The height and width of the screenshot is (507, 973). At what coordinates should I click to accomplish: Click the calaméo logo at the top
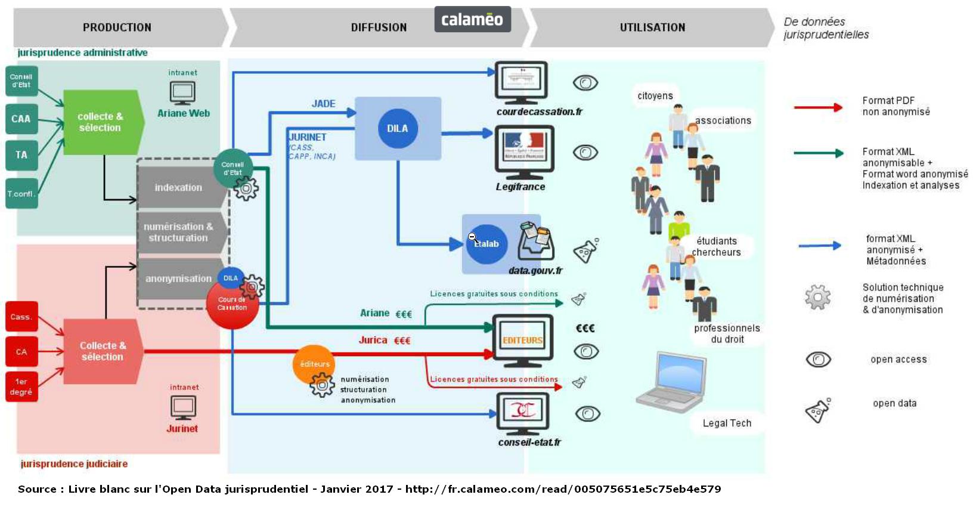pos(472,20)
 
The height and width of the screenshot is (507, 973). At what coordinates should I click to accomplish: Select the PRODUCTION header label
pos(117,27)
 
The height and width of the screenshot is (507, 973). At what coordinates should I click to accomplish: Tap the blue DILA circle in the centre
pos(398,128)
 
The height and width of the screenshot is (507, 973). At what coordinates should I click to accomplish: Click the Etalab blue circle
pos(486,244)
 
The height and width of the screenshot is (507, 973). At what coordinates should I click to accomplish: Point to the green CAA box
pos(21,119)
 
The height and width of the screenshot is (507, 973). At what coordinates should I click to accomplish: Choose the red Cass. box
pos(21,317)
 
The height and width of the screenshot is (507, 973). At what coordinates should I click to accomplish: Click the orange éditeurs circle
pos(314,364)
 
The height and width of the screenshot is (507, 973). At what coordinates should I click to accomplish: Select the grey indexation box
pos(178,187)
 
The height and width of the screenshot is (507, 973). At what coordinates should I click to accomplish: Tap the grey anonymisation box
pos(178,279)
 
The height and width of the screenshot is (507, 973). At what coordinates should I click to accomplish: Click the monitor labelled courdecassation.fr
pos(521,82)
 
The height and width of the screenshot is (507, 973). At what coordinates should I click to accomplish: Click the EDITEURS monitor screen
pos(522,340)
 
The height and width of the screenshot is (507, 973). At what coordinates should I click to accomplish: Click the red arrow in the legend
pos(818,107)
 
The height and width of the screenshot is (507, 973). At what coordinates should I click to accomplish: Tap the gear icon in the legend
pos(817,297)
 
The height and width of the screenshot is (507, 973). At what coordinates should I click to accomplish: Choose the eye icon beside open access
pos(818,359)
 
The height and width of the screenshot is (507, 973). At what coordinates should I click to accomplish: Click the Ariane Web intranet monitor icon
pos(182,92)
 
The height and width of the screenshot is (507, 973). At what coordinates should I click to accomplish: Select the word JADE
pos(323,104)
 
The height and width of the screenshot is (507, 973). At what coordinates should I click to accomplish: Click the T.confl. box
pos(21,194)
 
